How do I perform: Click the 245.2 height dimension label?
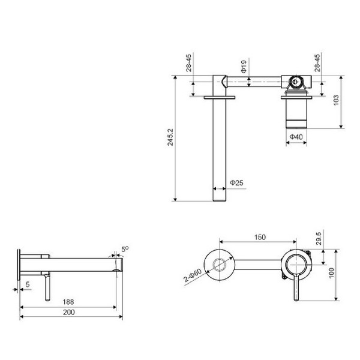[x=171, y=137]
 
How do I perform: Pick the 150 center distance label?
[x=259, y=237]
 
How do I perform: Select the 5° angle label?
[x=125, y=247]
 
